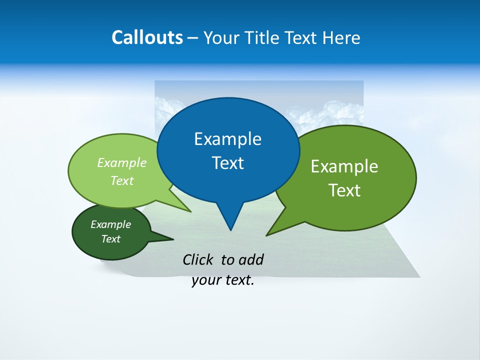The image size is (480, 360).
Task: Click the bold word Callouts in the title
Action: pyautogui.click(x=147, y=37)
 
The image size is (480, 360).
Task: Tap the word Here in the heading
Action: pyautogui.click(x=341, y=37)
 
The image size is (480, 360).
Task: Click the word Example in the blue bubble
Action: pyautogui.click(x=227, y=139)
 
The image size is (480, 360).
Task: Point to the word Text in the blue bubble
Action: pyautogui.click(x=227, y=163)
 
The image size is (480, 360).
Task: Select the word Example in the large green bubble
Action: pyautogui.click(x=344, y=166)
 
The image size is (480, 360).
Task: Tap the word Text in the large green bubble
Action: pyautogui.click(x=344, y=190)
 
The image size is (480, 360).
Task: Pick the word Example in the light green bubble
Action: pyautogui.click(x=122, y=163)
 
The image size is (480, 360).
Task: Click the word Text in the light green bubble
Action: pyautogui.click(x=122, y=181)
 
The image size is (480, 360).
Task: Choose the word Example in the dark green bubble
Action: pyautogui.click(x=110, y=225)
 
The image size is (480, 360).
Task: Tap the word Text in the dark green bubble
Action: pyautogui.click(x=110, y=239)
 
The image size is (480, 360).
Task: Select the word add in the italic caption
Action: pyautogui.click(x=251, y=259)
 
